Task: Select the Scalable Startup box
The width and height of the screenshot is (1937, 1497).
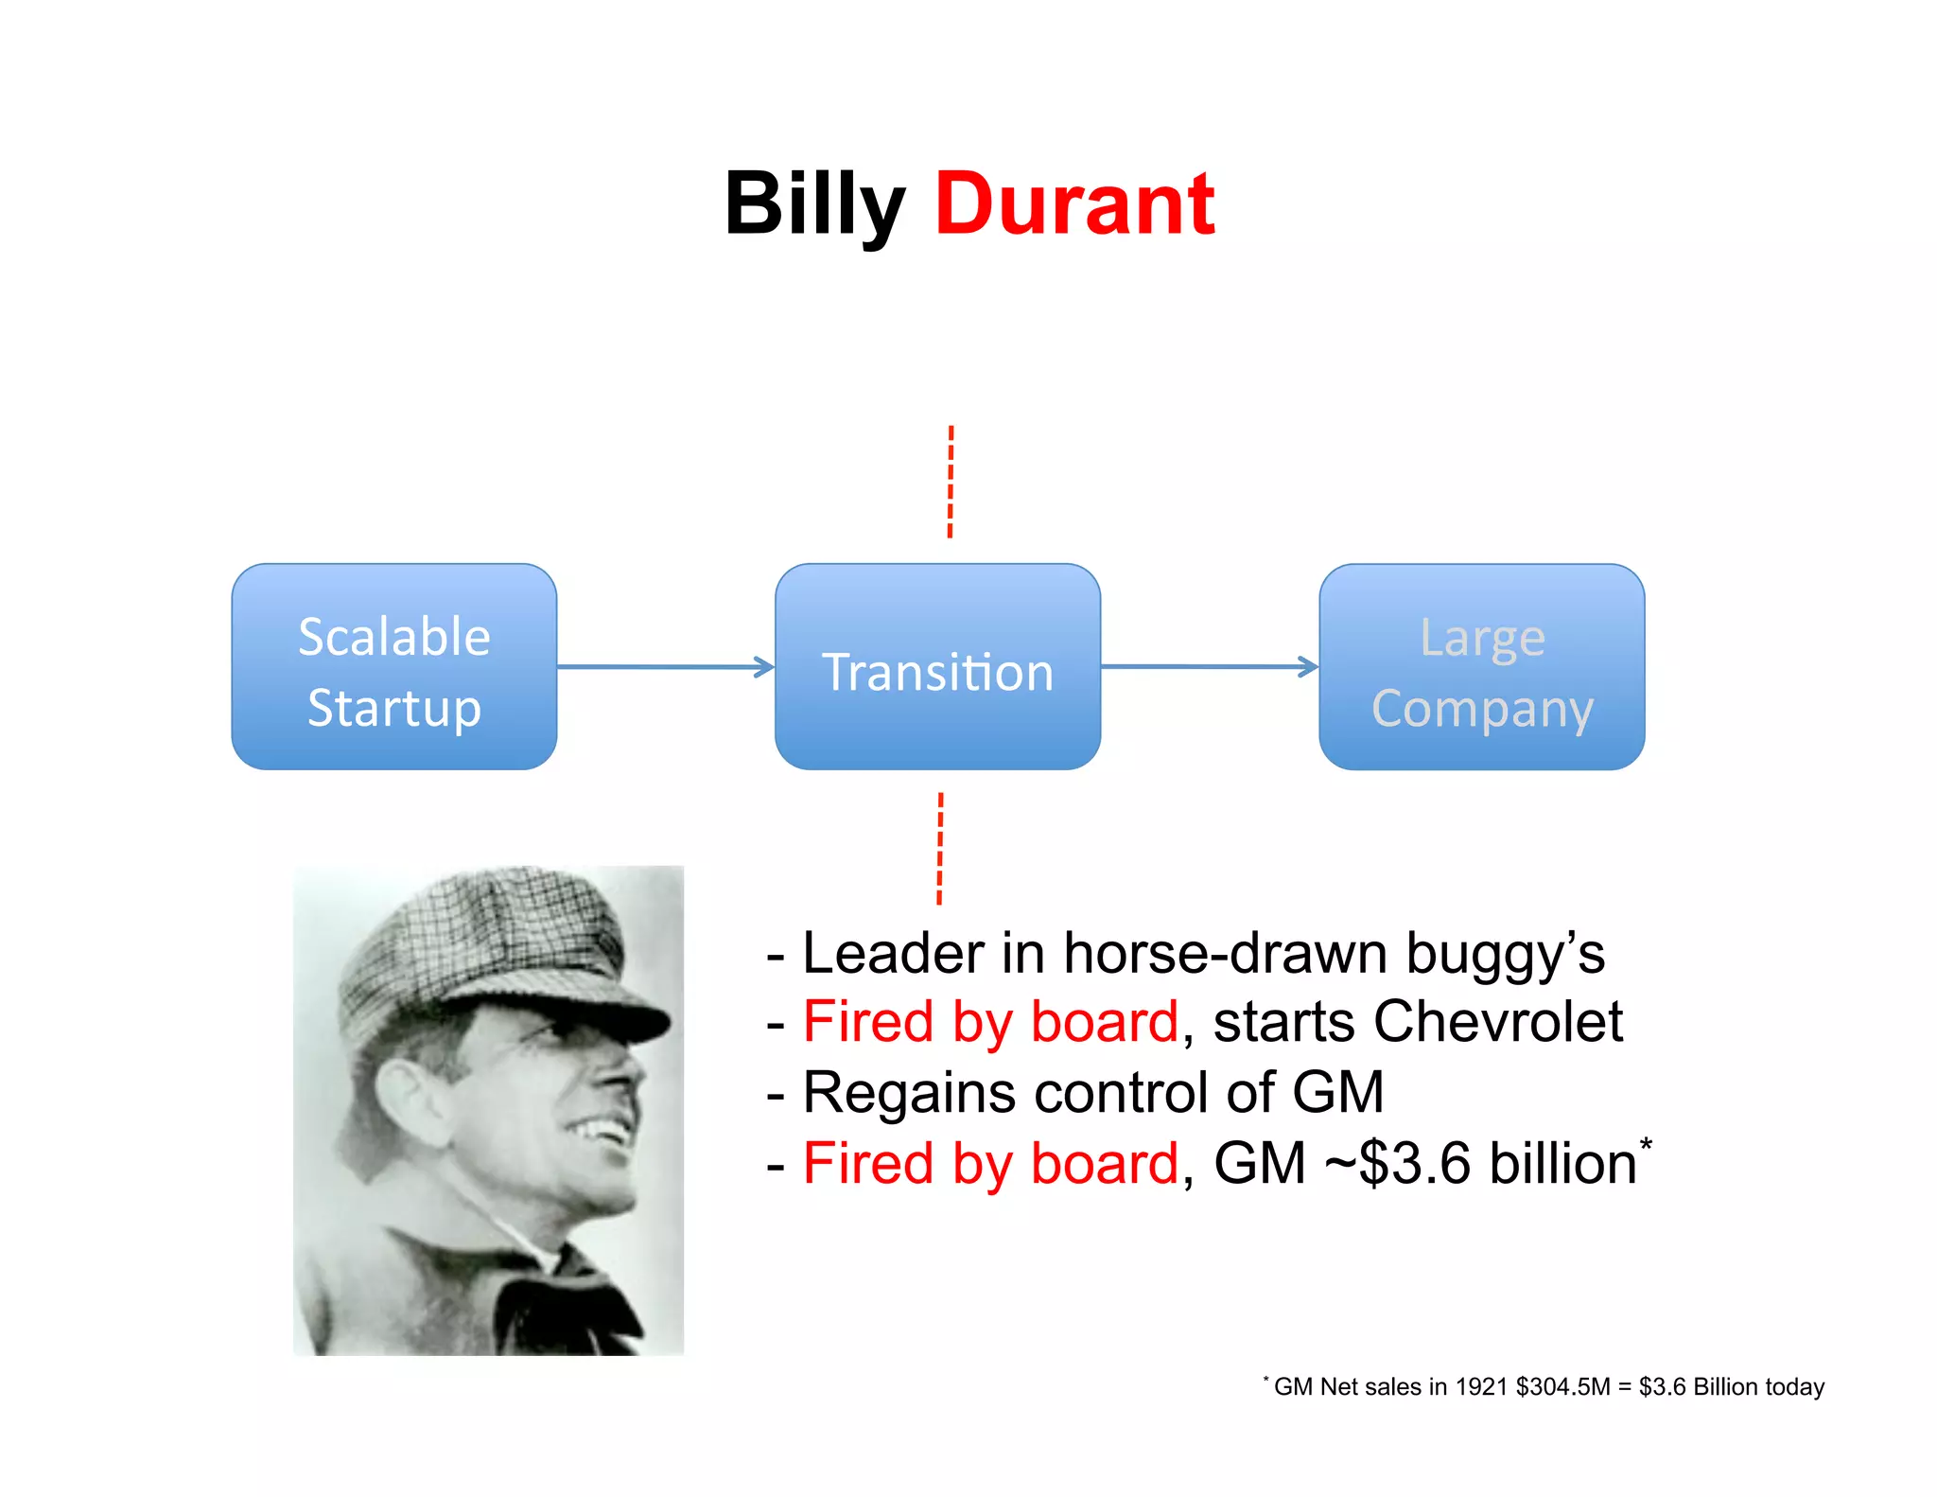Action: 393,667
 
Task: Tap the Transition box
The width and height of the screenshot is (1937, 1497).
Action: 937,667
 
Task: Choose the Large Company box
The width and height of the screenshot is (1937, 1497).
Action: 1481,667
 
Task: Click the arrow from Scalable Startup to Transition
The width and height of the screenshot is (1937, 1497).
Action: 665,667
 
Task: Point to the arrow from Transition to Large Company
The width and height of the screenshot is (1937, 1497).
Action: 1209,667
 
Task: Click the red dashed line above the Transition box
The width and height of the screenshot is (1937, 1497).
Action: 951,482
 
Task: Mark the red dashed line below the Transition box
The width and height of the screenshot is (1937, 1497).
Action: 940,849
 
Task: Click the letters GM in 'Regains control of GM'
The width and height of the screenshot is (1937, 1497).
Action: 1336,1092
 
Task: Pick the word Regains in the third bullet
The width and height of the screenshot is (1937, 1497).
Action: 909,1094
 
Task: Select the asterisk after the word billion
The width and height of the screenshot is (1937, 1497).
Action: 1646,1144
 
